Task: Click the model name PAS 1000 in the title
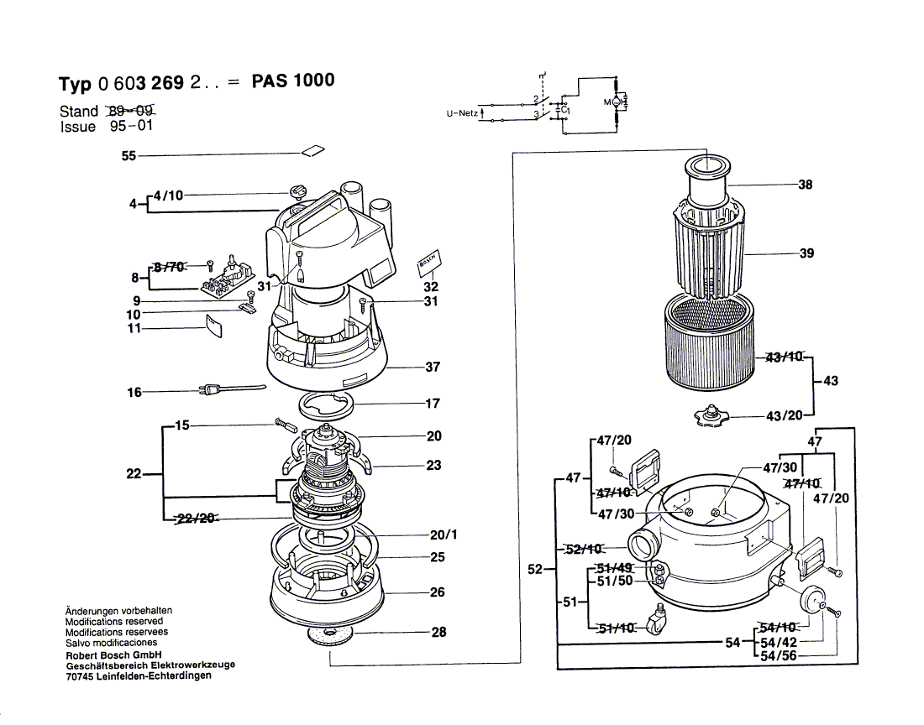(x=292, y=81)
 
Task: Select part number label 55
(x=128, y=155)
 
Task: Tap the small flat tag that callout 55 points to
(x=312, y=151)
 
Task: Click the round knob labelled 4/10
(x=298, y=191)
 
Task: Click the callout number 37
(x=433, y=367)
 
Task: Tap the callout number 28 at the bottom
(x=438, y=633)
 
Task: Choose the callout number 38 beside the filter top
(x=805, y=185)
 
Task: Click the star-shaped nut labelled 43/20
(x=711, y=415)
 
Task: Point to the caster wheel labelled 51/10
(x=654, y=623)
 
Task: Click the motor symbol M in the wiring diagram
(x=612, y=102)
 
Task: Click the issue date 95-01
(x=130, y=127)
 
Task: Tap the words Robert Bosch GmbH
(x=113, y=655)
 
